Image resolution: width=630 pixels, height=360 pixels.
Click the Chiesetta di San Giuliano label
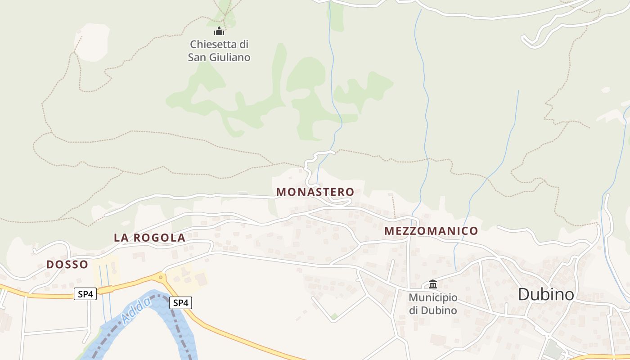click(219, 51)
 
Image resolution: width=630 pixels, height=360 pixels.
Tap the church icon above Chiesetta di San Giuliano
click(219, 31)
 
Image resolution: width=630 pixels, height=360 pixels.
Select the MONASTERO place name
click(315, 192)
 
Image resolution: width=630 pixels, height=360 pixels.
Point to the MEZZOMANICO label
click(431, 231)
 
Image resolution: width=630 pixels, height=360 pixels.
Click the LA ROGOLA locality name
click(149, 238)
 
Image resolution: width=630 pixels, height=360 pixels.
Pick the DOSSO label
click(67, 265)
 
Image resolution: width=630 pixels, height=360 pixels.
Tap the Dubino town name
click(546, 294)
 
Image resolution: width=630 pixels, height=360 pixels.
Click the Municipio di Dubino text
click(433, 304)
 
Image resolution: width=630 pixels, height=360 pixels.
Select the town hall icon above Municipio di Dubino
click(433, 284)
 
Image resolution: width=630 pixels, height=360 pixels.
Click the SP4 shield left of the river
click(85, 294)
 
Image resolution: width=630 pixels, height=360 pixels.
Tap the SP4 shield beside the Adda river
click(180, 303)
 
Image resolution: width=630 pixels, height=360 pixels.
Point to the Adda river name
click(136, 311)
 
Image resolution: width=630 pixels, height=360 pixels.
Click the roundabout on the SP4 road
click(161, 277)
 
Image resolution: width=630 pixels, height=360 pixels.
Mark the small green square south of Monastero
click(334, 317)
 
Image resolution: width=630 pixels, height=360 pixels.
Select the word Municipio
click(433, 297)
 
